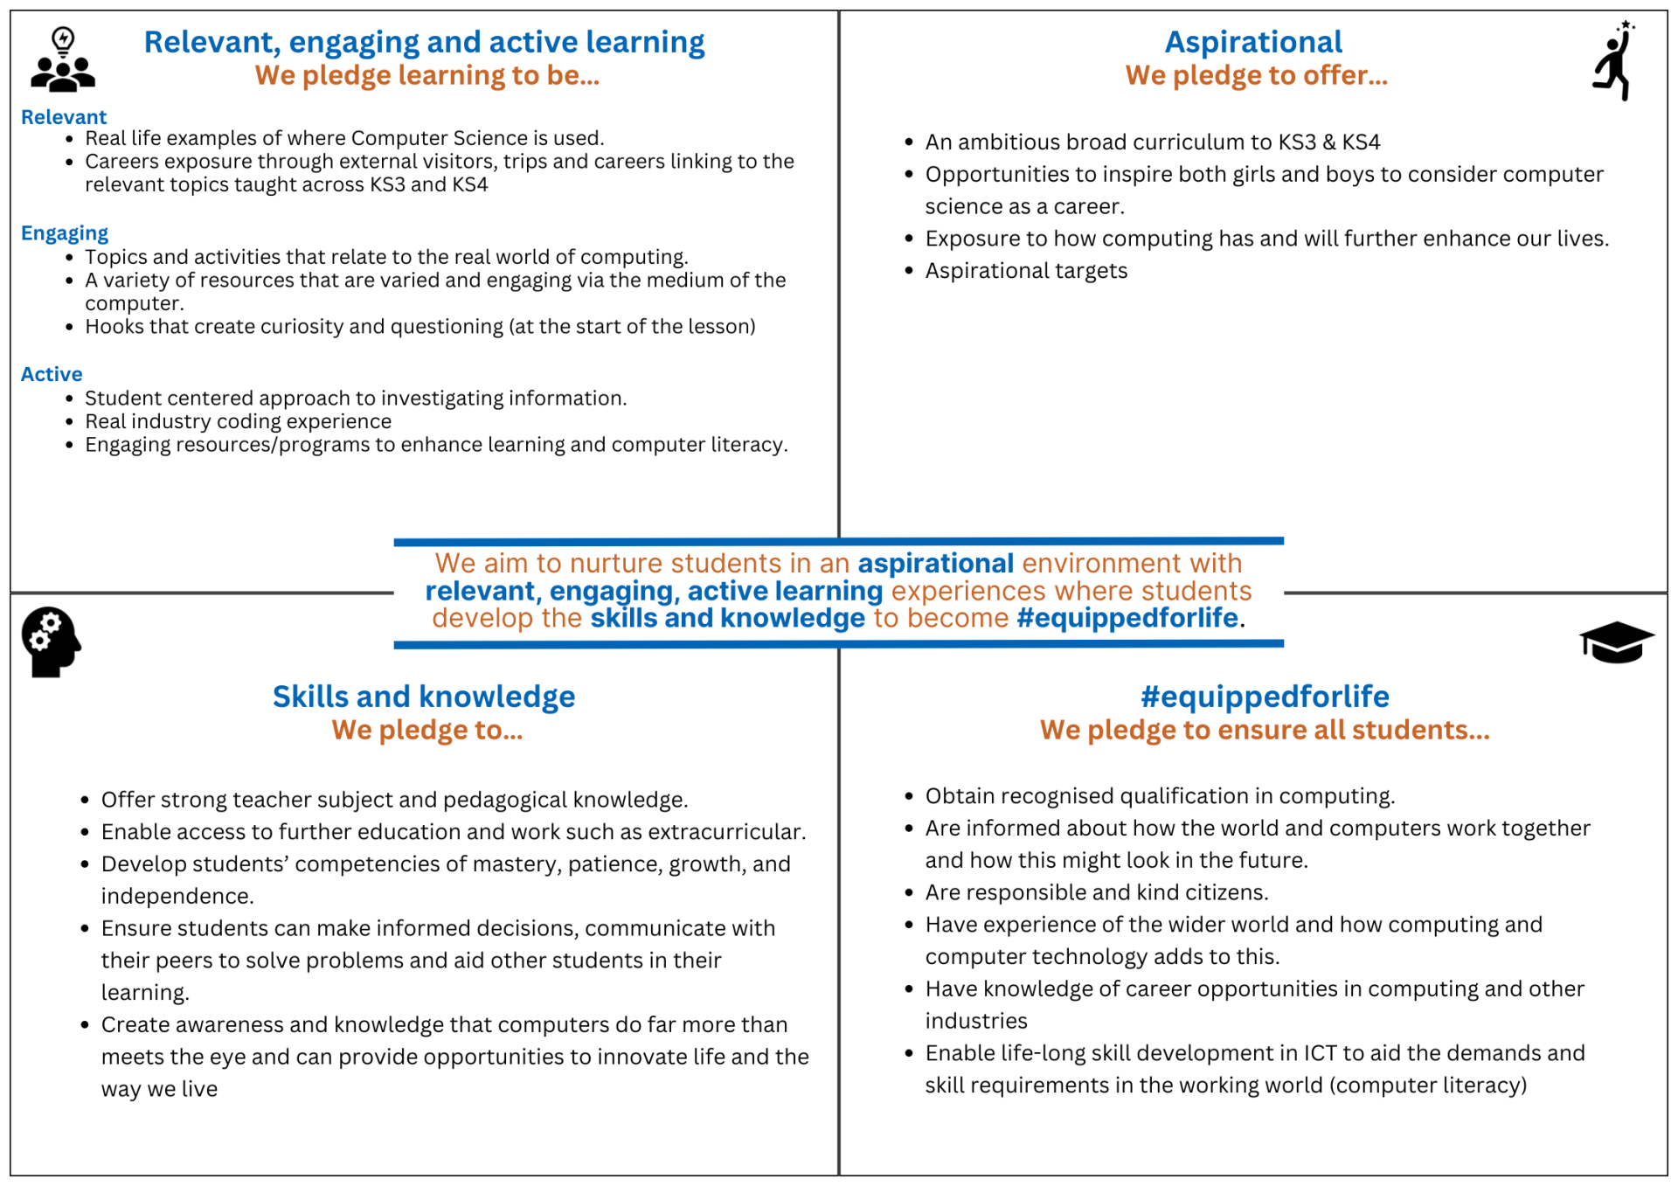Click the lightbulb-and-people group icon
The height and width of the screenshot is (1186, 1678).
[x=63, y=59]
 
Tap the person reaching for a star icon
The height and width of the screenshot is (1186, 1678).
[x=1613, y=61]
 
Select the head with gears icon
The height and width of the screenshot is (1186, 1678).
[x=51, y=642]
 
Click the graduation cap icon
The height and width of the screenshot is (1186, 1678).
[x=1616, y=642]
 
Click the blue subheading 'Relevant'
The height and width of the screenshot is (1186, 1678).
[x=64, y=117]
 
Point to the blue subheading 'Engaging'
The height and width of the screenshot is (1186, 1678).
[x=65, y=233]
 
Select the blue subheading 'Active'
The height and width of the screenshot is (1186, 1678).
[x=52, y=374]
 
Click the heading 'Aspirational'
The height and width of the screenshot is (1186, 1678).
[x=1253, y=42]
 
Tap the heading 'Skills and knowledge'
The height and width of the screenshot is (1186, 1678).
[x=424, y=697]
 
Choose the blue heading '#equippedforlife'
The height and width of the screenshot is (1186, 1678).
[x=1265, y=697]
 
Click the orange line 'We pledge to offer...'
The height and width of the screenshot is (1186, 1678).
[x=1256, y=76]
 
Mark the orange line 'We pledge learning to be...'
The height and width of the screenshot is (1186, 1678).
[x=427, y=76]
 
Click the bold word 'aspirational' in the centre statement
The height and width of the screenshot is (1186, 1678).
[x=935, y=564]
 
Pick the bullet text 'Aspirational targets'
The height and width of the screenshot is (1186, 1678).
[x=1026, y=271]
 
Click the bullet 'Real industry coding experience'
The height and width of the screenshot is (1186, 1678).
[x=238, y=421]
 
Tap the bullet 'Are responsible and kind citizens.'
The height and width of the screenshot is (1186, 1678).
[x=1097, y=892]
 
